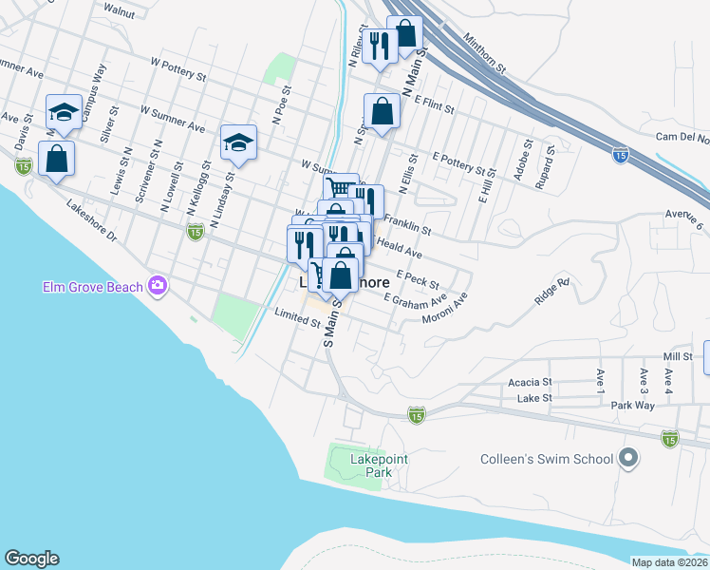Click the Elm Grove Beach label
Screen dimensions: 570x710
[x=93, y=285]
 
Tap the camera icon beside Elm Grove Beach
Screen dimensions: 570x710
[x=158, y=285]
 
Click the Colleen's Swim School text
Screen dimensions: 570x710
[x=544, y=460]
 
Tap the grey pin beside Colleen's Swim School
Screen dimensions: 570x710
[x=626, y=460]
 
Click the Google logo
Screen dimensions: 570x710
[x=32, y=559]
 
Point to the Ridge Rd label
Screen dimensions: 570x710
[x=551, y=293]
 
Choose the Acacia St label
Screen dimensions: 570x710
[x=530, y=382]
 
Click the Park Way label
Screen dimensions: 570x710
[x=633, y=405]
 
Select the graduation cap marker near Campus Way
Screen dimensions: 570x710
[x=64, y=112]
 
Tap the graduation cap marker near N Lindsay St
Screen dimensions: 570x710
[x=237, y=143]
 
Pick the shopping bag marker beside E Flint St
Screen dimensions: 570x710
[x=382, y=111]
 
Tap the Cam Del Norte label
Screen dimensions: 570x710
[x=682, y=138]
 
